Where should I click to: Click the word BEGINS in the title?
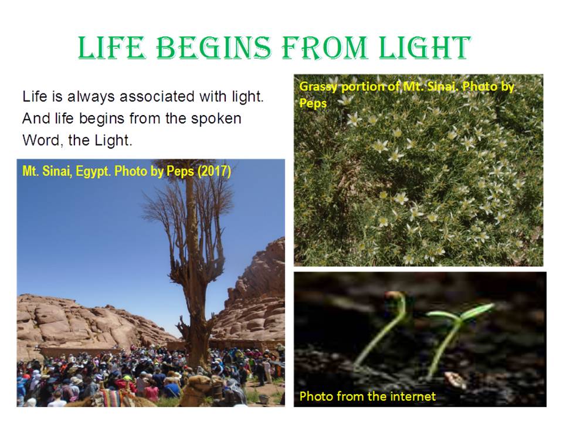[214, 47]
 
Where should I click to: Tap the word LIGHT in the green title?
[425, 47]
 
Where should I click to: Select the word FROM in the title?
[325, 47]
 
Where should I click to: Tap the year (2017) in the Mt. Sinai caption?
[214, 171]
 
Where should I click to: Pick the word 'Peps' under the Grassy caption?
[313, 103]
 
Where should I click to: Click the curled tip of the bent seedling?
[395, 297]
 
